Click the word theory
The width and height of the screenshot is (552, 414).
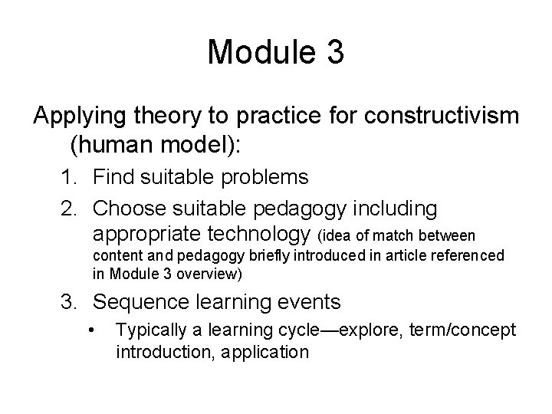click(x=164, y=117)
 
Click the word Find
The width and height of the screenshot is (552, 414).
click(x=114, y=178)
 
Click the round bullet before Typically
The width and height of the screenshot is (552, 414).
click(x=93, y=330)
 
